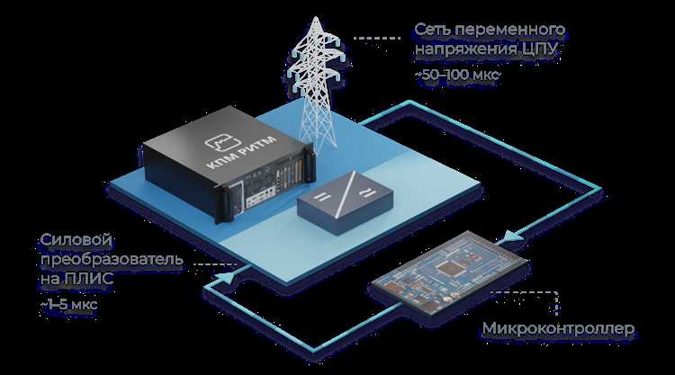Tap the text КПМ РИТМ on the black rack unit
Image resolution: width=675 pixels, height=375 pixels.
point(241,153)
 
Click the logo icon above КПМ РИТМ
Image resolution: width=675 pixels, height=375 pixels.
point(222,142)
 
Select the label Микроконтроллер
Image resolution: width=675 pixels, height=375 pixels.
point(558,328)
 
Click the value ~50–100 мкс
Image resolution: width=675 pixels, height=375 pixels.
point(456,75)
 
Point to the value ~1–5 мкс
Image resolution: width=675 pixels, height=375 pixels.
point(69,304)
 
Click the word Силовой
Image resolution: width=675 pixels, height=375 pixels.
point(76,240)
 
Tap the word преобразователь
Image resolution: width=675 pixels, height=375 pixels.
point(112,260)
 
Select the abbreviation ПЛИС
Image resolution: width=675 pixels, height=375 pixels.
point(89,279)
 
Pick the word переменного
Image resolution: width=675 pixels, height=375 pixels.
point(509,30)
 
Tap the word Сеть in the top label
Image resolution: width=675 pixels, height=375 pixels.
point(433,30)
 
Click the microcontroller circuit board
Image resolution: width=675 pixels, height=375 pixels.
point(450,271)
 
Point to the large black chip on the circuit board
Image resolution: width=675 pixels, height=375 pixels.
point(448,268)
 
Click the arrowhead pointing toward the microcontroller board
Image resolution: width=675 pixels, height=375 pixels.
point(512,237)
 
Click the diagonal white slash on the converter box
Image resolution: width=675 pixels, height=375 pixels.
point(346,193)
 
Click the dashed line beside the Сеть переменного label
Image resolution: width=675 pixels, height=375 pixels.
point(377,39)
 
